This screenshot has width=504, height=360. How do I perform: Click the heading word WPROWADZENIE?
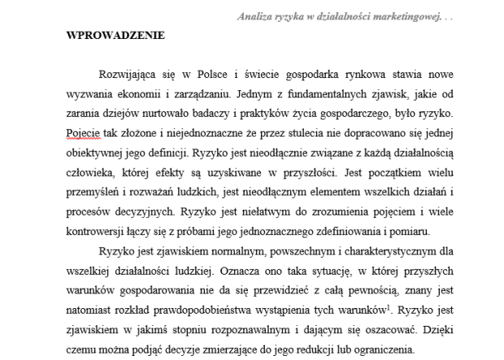pyautogui.click(x=115, y=36)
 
